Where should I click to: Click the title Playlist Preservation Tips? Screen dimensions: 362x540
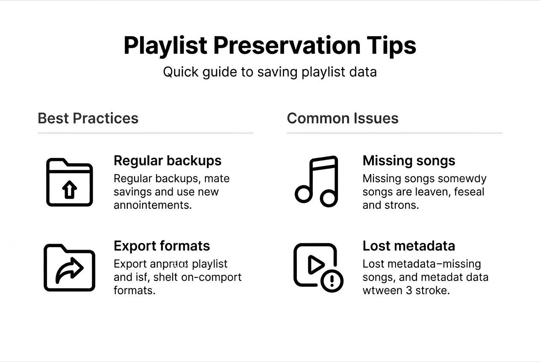(x=270, y=46)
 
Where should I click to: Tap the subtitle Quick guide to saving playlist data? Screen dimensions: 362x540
(x=270, y=72)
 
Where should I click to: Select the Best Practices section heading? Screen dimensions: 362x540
(x=88, y=118)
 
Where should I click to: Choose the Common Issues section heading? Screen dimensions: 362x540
(x=343, y=118)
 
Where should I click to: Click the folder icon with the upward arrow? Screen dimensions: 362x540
(x=69, y=182)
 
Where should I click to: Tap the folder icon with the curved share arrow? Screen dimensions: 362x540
(x=69, y=268)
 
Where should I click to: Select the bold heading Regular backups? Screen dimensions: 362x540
(x=167, y=161)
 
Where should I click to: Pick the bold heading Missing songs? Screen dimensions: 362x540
(x=409, y=161)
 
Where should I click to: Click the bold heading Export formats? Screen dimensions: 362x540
(x=161, y=246)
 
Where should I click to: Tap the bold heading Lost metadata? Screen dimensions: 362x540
(x=408, y=246)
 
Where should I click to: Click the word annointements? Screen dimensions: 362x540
(x=153, y=205)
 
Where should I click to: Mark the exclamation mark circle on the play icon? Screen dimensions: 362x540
(x=332, y=281)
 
